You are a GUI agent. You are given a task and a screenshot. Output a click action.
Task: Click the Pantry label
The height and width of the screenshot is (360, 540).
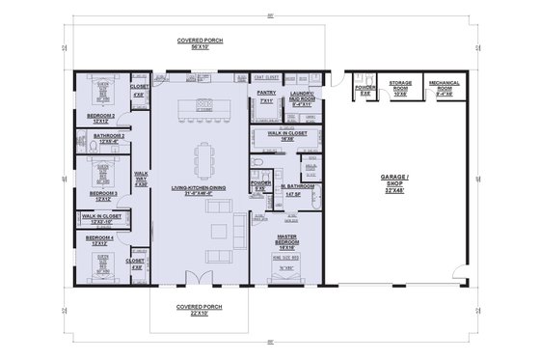(267, 96)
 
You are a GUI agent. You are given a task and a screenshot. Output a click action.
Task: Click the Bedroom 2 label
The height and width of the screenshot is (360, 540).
(100, 118)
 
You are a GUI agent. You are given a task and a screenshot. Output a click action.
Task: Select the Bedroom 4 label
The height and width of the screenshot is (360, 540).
(100, 237)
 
